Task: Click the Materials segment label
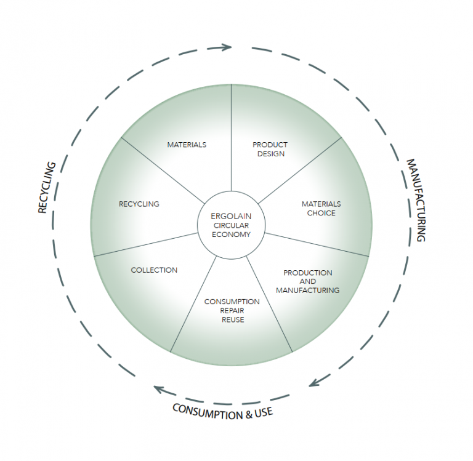[187, 145]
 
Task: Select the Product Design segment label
[270, 149]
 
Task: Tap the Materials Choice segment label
[321, 208]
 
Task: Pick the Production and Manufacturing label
[307, 281]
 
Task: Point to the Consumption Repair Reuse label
[232, 310]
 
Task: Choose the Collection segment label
[154, 270]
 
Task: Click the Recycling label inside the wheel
[139, 204]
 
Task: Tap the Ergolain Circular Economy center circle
[231, 225]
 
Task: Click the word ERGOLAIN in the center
[231, 217]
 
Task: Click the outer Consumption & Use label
[222, 411]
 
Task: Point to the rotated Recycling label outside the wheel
[47, 188]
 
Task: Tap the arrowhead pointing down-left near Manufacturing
[313, 382]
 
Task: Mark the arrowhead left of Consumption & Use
[159, 390]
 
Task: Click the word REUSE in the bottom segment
[233, 319]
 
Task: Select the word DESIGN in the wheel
[270, 153]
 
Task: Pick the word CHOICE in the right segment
[321, 213]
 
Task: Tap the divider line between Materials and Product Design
[232, 135]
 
